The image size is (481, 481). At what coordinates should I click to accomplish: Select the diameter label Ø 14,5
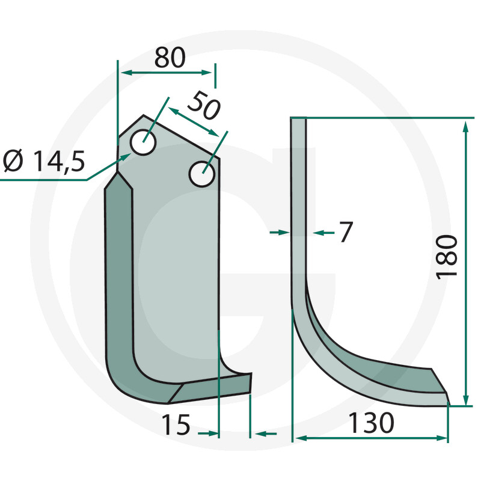click(x=43, y=161)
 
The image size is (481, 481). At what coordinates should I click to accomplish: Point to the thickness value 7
click(x=345, y=232)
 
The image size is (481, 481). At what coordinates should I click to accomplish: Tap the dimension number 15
click(x=176, y=425)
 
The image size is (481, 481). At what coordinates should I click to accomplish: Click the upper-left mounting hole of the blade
click(x=144, y=142)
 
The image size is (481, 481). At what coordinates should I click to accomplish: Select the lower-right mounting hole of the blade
click(x=201, y=174)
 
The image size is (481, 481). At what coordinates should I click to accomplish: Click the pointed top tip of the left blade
click(x=143, y=116)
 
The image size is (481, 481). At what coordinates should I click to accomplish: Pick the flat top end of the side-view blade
click(x=298, y=118)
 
